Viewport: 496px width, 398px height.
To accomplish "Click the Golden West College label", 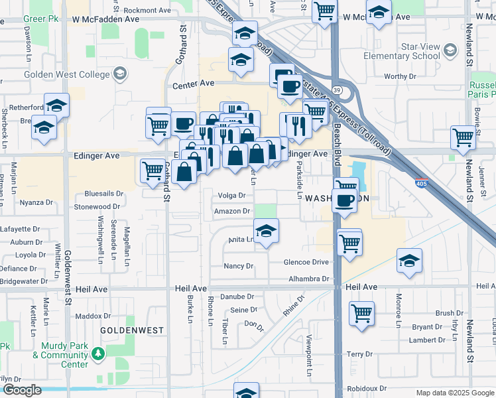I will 66,74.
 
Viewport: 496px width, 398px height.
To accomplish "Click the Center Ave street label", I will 194,84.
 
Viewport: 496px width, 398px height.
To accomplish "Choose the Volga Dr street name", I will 232,196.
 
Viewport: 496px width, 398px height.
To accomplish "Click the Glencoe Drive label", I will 306,262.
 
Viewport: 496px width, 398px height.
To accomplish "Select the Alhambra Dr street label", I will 309,279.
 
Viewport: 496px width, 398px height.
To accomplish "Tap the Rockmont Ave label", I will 147,11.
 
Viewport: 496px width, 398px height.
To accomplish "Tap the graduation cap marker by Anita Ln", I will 266,231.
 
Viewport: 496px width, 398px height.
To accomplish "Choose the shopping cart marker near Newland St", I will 463,137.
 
